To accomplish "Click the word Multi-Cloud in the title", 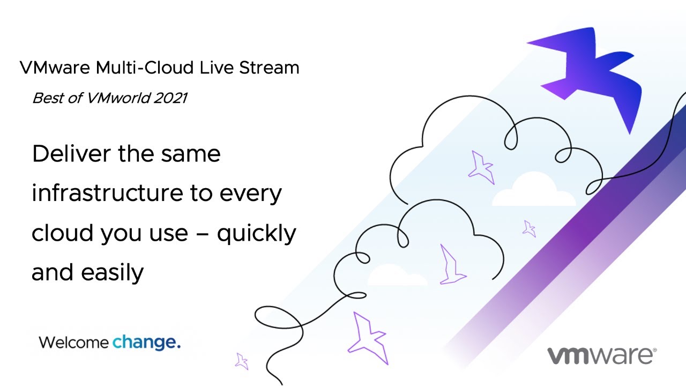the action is pyautogui.click(x=145, y=68).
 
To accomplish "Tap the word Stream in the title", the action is pyautogui.click(x=269, y=68).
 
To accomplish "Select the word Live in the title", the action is pyautogui.click(x=217, y=68).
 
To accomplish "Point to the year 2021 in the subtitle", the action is pyautogui.click(x=170, y=98).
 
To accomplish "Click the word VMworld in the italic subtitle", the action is pyautogui.click(x=118, y=98).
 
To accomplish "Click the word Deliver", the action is pyautogui.click(x=71, y=153).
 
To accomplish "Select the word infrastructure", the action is pyautogui.click(x=107, y=193).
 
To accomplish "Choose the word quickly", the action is pyautogui.click(x=257, y=234).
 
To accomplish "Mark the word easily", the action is pyautogui.click(x=112, y=273).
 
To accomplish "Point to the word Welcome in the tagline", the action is pyautogui.click(x=73, y=342).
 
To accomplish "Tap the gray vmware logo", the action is pyautogui.click(x=601, y=356).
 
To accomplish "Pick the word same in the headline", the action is pyautogui.click(x=190, y=154).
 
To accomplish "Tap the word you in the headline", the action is pyautogui.click(x=122, y=235).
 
